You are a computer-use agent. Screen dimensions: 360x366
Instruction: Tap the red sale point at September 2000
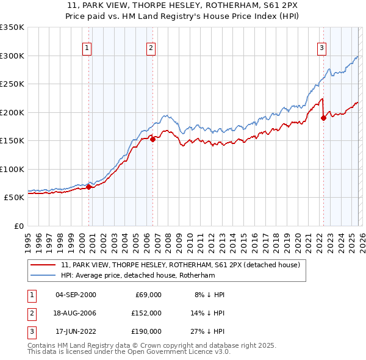coord(88,187)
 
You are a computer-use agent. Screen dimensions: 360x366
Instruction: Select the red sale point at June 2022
coord(323,118)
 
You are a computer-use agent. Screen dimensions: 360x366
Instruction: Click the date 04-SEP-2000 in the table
coord(76,295)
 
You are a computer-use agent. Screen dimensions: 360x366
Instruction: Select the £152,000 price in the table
coord(146,313)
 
